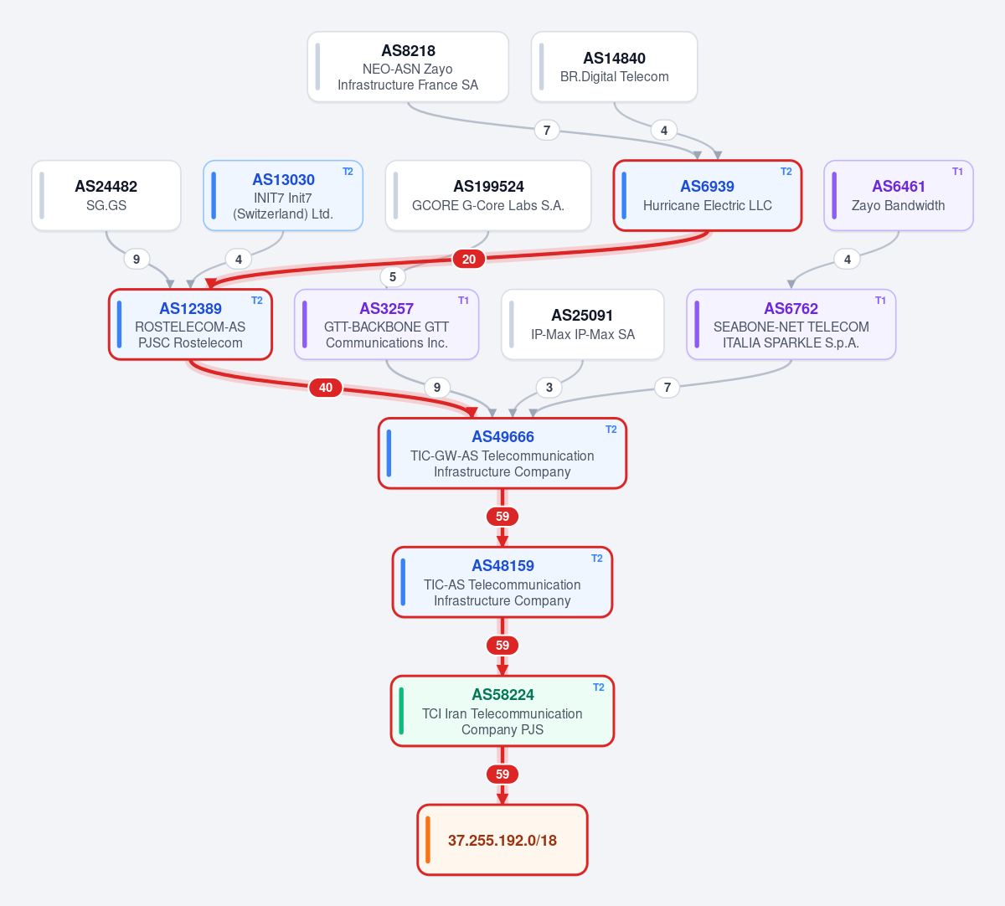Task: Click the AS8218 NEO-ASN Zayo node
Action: tap(408, 67)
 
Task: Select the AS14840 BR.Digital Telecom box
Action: tap(614, 67)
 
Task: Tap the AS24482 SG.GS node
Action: tap(106, 195)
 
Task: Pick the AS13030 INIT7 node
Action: tap(283, 195)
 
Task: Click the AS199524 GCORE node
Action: tap(488, 195)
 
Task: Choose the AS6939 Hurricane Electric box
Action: tap(708, 195)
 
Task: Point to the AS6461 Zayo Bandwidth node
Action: tap(899, 195)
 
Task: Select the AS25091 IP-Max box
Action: tap(583, 324)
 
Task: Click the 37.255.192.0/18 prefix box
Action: tap(502, 840)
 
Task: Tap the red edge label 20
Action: tap(468, 259)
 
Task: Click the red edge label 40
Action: tap(326, 388)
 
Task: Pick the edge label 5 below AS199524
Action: tap(393, 276)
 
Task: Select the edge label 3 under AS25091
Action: tap(549, 388)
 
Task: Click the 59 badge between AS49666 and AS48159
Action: tap(502, 516)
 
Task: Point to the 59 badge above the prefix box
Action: tap(502, 775)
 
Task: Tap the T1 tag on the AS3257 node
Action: tap(463, 301)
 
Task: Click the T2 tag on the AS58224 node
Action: tap(599, 687)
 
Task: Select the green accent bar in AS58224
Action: tap(401, 711)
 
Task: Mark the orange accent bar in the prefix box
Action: tap(428, 840)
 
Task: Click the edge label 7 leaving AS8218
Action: tap(547, 131)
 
